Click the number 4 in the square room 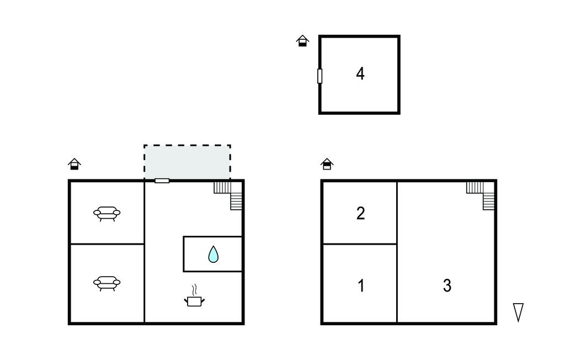[x=360, y=73]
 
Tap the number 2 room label [x=360, y=214]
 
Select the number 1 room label [x=361, y=285]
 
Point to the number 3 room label [x=447, y=285]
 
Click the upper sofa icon [x=106, y=214]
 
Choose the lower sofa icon [x=106, y=283]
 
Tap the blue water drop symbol [x=214, y=255]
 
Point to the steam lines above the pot [x=195, y=289]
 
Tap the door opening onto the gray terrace [x=162, y=181]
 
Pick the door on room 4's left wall [x=319, y=76]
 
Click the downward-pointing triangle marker [x=518, y=312]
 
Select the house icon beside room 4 [x=302, y=41]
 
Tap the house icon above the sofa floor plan [x=74, y=164]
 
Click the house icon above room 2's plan [x=327, y=164]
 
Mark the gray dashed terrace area [x=187, y=162]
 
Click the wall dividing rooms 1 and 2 [x=360, y=244]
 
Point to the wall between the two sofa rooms [x=107, y=244]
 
